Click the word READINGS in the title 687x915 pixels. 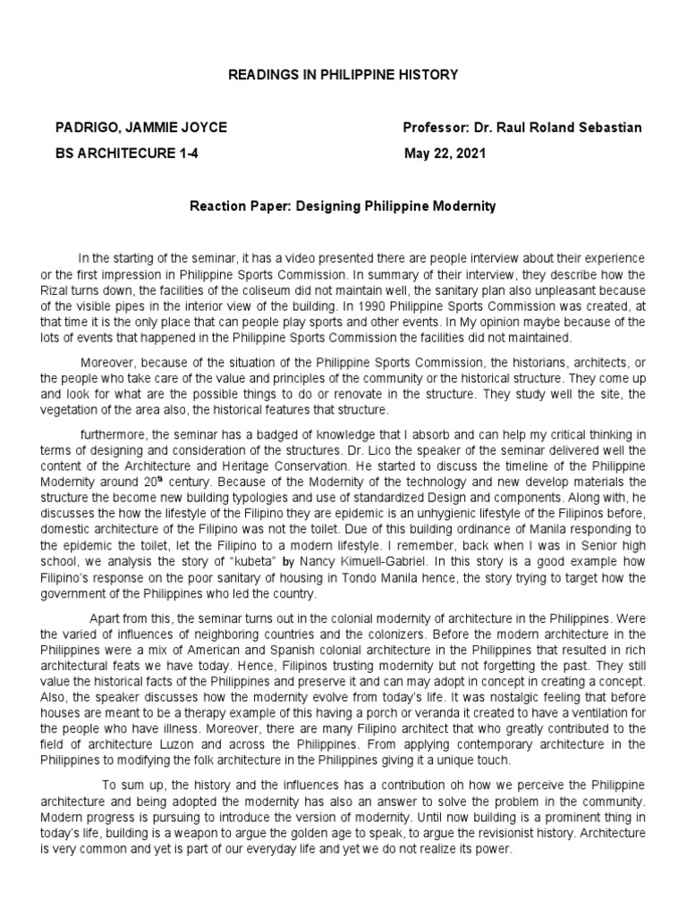click(260, 75)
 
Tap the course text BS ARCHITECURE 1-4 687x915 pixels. click(128, 153)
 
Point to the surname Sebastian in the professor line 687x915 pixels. click(609, 128)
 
